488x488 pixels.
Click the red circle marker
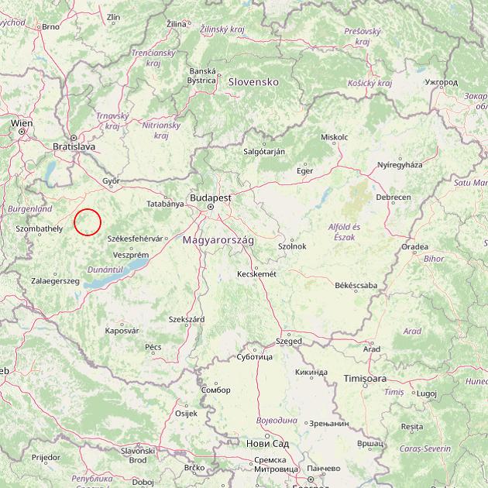click(x=88, y=222)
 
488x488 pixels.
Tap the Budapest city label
click(x=209, y=198)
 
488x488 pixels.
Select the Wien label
click(x=22, y=123)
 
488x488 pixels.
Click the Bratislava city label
click(x=74, y=146)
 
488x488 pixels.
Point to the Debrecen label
click(x=393, y=198)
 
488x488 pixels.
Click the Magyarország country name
click(x=218, y=241)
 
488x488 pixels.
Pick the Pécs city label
click(x=153, y=346)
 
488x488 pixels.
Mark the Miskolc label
click(x=334, y=137)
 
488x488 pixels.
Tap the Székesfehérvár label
click(x=136, y=239)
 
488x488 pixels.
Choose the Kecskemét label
click(x=256, y=273)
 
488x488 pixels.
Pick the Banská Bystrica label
click(x=202, y=75)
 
